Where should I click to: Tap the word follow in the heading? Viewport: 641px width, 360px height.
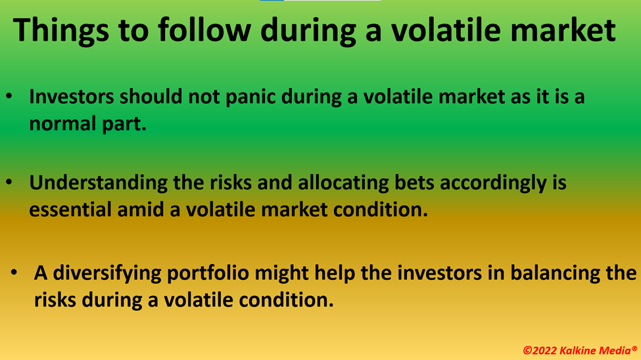(x=204, y=30)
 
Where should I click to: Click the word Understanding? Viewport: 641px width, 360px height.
(x=98, y=183)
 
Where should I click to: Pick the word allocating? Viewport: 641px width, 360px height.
(x=343, y=183)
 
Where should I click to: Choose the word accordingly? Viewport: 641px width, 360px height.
(x=494, y=183)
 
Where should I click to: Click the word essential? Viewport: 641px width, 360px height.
(x=70, y=209)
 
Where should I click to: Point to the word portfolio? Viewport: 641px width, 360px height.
(x=208, y=273)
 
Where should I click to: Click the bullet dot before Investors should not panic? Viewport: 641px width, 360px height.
(x=9, y=97)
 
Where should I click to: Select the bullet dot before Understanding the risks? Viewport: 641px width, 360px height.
(x=9, y=182)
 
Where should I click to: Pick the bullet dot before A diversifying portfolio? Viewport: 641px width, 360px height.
(x=14, y=272)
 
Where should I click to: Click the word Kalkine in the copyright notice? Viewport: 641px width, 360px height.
(x=578, y=351)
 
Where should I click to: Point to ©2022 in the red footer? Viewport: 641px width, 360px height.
(x=540, y=351)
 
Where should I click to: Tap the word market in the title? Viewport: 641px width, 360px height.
(x=563, y=30)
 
